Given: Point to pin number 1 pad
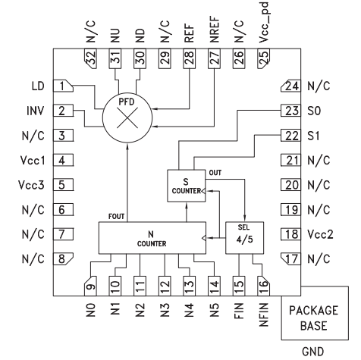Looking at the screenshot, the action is [63, 86].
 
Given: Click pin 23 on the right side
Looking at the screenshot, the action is [290, 111].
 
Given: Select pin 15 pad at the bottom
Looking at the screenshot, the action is [239, 286].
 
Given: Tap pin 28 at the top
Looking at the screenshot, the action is [190, 58].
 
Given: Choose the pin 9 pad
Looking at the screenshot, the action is [90, 286].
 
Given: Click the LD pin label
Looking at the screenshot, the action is [38, 86].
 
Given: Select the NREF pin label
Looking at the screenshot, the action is [215, 30].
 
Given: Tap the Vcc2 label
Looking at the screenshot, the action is [320, 234].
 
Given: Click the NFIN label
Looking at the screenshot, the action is [263, 315].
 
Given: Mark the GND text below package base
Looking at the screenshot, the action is [312, 352].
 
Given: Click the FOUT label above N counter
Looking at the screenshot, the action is [116, 217].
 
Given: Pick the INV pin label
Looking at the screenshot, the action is [36, 111].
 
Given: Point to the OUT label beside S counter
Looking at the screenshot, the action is [215, 173].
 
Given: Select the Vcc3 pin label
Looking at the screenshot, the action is [31, 185].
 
